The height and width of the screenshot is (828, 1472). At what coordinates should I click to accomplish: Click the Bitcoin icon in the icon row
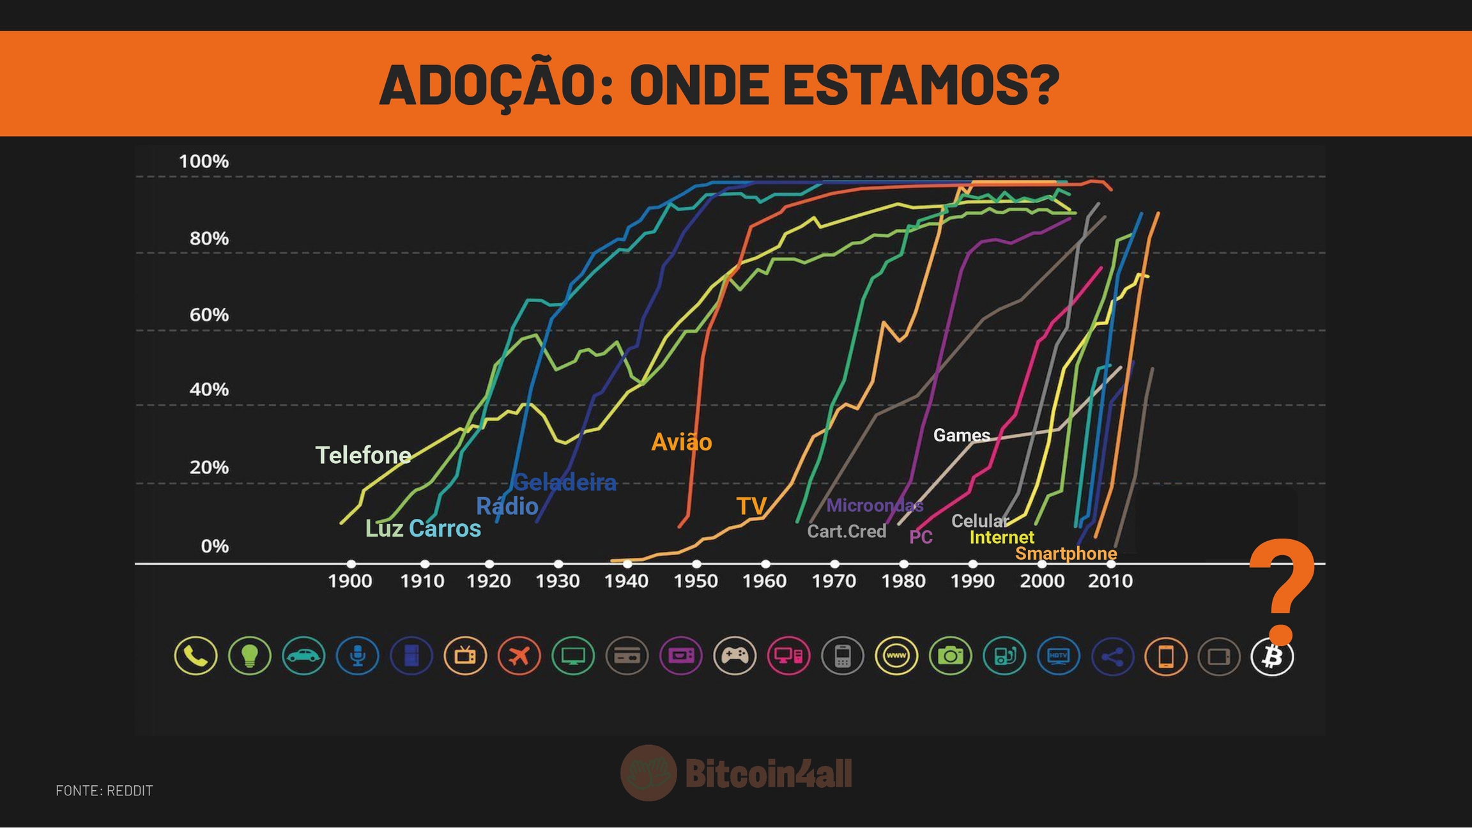(x=1272, y=656)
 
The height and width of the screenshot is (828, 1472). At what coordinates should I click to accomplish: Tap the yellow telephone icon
(x=195, y=656)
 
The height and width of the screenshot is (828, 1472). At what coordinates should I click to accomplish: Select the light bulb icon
(x=250, y=656)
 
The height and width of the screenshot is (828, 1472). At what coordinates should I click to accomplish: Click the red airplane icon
(x=519, y=656)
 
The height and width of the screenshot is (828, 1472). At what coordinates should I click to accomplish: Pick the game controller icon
(x=735, y=656)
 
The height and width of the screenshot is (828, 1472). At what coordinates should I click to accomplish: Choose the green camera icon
(x=950, y=656)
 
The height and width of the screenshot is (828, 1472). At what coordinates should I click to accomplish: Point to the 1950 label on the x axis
(x=695, y=581)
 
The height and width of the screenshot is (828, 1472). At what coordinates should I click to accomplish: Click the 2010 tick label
(x=1110, y=581)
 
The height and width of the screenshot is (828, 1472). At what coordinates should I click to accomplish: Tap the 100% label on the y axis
(x=204, y=162)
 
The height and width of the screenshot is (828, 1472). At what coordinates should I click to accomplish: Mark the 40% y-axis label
(x=209, y=390)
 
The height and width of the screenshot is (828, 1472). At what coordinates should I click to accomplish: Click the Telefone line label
(x=363, y=456)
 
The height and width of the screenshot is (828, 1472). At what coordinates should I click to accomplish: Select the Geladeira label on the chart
(x=565, y=482)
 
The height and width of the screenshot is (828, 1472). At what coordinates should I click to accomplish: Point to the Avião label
(x=681, y=442)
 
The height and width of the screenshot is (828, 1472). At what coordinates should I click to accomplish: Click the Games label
(x=962, y=436)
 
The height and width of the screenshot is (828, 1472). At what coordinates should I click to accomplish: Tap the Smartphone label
(x=1066, y=553)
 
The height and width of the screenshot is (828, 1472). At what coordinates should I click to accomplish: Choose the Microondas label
(x=875, y=506)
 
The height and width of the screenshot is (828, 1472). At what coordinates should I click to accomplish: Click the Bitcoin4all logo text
(x=769, y=774)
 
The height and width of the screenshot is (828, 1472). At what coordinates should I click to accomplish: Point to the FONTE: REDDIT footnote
(x=104, y=791)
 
